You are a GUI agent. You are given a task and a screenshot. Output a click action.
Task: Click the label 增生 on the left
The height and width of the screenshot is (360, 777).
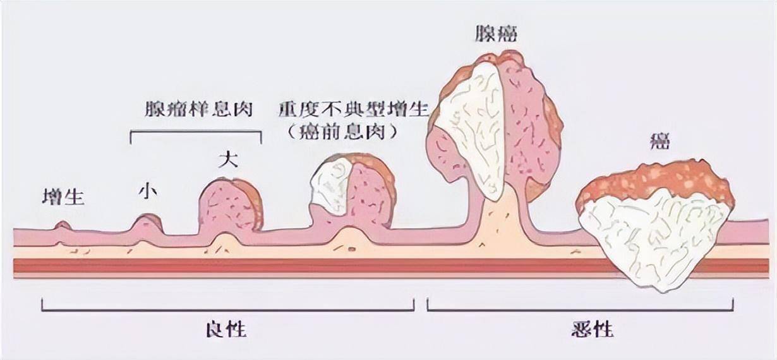point(63,198)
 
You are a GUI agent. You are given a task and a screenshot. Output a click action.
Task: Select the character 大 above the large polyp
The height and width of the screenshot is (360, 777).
point(227,159)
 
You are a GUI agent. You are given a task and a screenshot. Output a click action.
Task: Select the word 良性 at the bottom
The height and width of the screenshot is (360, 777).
point(226,329)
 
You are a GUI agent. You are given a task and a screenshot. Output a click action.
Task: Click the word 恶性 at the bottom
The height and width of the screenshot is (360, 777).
point(580,329)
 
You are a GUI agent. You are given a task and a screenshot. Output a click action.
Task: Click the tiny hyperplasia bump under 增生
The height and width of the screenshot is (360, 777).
point(62,225)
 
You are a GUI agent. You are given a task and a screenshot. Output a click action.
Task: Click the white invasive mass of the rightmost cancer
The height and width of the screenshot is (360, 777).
point(654,240)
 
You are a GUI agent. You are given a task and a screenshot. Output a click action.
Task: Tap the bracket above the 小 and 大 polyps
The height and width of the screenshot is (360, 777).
point(196,131)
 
